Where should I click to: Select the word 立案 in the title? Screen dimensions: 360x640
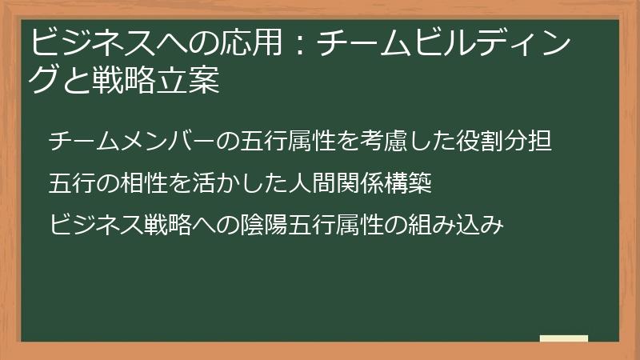(190, 81)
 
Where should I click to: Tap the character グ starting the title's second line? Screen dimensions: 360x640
(42, 81)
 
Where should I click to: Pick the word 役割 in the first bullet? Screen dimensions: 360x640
(480, 142)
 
